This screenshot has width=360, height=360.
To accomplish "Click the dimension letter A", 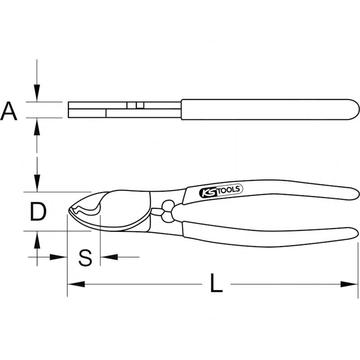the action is tap(9, 111).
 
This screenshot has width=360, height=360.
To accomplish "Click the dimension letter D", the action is tap(38, 211).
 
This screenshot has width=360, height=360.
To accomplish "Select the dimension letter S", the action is tap(85, 257).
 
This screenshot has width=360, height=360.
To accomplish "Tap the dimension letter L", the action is tap(216, 283).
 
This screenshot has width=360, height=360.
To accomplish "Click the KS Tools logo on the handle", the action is tap(220, 191).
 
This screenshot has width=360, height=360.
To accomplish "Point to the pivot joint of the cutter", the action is tap(168, 211).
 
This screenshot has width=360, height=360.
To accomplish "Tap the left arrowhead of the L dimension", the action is tap(76, 284).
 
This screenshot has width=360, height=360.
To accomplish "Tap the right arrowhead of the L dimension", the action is tap(349, 284).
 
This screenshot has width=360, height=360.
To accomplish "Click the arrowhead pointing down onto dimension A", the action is tap(37, 93).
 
